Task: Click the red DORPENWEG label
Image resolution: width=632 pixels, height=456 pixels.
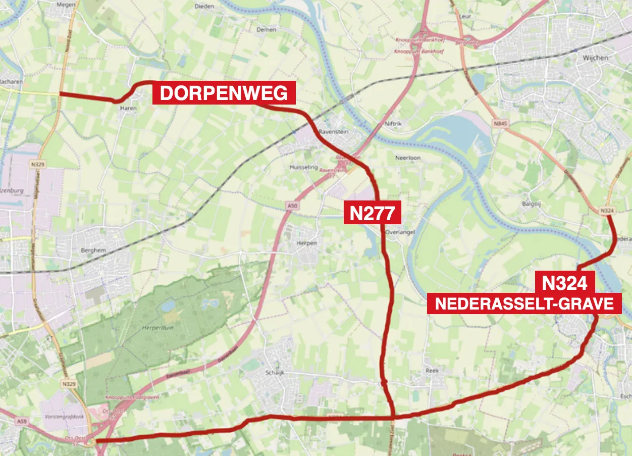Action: click(224, 93)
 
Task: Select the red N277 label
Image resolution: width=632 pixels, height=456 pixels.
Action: click(372, 213)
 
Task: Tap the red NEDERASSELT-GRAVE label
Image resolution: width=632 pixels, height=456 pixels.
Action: click(524, 304)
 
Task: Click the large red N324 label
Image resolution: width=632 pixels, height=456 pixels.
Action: click(564, 283)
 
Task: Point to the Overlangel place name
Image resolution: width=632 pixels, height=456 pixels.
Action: click(400, 233)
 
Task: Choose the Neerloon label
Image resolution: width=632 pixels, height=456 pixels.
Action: click(407, 158)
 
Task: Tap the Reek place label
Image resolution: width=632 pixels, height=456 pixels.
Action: click(432, 371)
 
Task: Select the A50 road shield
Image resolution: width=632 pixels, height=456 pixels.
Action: click(291, 206)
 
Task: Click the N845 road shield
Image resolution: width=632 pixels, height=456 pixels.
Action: click(500, 123)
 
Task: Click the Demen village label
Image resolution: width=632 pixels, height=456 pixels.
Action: click(266, 30)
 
